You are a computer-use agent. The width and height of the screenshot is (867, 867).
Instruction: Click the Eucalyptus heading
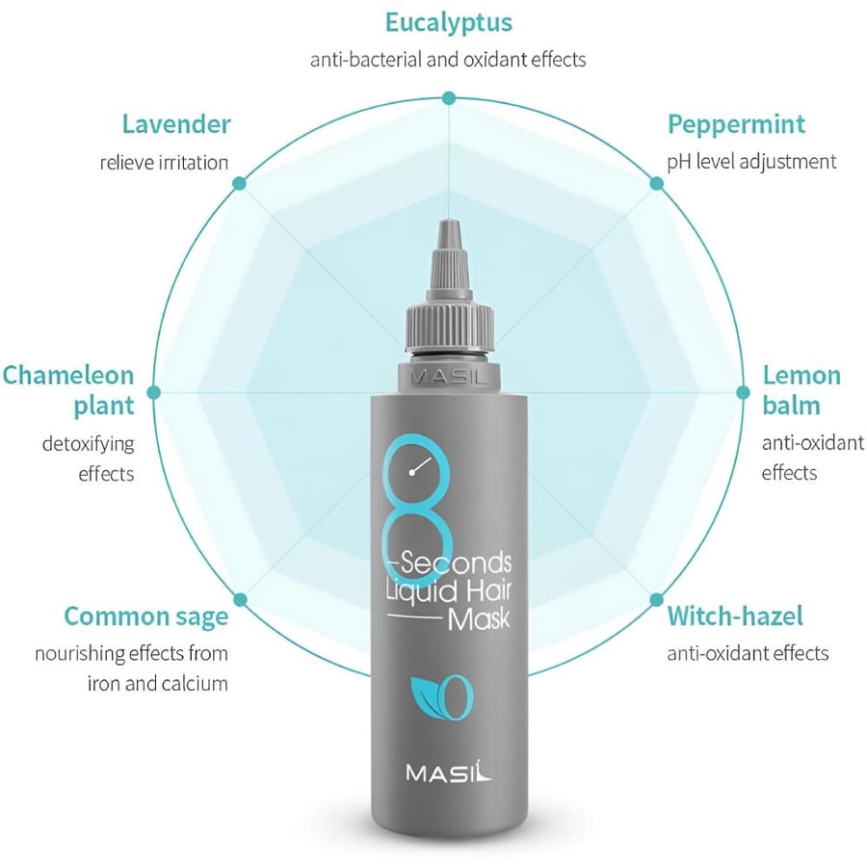[448, 24]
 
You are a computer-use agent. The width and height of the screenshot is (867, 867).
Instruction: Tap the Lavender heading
[176, 124]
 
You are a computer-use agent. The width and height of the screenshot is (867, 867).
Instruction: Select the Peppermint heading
[736, 125]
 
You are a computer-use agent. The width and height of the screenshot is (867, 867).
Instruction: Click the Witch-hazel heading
[735, 616]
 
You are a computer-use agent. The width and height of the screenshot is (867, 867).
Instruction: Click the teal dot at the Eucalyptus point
[448, 98]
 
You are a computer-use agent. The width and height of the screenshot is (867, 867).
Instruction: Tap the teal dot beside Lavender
[240, 184]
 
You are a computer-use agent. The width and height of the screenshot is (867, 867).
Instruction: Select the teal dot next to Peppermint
[656, 184]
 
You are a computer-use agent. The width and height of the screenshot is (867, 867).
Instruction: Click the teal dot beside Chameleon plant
[154, 393]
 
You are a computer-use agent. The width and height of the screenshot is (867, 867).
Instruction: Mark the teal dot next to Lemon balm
[743, 393]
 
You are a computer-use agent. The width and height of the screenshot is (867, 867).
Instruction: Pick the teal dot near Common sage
[240, 600]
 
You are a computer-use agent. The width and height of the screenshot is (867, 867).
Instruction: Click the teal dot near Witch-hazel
[656, 600]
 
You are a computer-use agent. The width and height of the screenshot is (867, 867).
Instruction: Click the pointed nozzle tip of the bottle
[448, 222]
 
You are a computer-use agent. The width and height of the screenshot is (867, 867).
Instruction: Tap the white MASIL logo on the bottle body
[448, 771]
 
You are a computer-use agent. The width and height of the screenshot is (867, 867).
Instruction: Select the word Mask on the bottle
[478, 619]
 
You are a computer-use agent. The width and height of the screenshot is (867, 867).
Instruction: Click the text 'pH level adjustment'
[751, 163]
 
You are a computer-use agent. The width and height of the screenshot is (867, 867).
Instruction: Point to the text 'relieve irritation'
[164, 163]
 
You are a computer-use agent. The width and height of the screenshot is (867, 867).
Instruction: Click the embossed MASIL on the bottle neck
[449, 378]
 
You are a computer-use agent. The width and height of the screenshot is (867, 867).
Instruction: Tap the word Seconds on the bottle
[456, 563]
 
